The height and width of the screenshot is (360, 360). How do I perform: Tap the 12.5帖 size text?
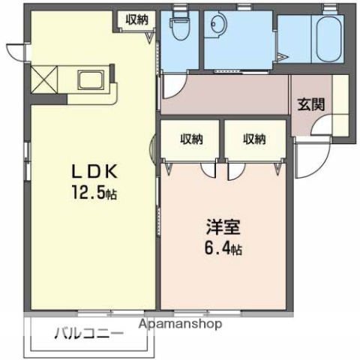click(94, 193)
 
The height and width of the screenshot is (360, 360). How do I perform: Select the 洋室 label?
click(221, 226)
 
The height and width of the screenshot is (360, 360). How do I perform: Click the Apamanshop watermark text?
click(181, 325)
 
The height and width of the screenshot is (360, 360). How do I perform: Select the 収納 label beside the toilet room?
click(136, 20)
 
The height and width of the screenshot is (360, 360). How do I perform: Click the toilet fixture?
click(180, 26)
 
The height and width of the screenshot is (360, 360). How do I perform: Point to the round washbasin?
click(216, 24)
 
